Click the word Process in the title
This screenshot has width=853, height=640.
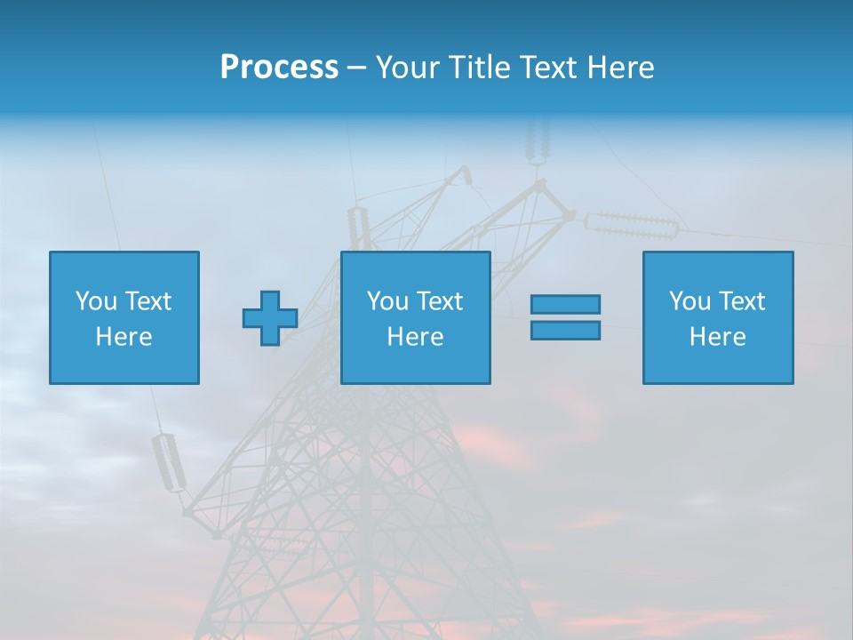[x=279, y=68]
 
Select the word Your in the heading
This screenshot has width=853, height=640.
[x=407, y=68]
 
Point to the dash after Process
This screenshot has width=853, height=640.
[x=356, y=68]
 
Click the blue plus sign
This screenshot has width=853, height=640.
[x=270, y=318]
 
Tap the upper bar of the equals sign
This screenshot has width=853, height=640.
[x=565, y=304]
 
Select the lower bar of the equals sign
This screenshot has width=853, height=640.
[x=565, y=330]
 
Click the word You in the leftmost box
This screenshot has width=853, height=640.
[x=96, y=301]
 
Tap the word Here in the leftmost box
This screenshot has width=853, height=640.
[x=124, y=337]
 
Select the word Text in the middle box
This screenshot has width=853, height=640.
[x=439, y=301]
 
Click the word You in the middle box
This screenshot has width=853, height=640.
[x=387, y=301]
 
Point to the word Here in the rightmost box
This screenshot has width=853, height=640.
[x=718, y=337]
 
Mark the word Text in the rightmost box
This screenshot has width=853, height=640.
[x=741, y=301]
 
